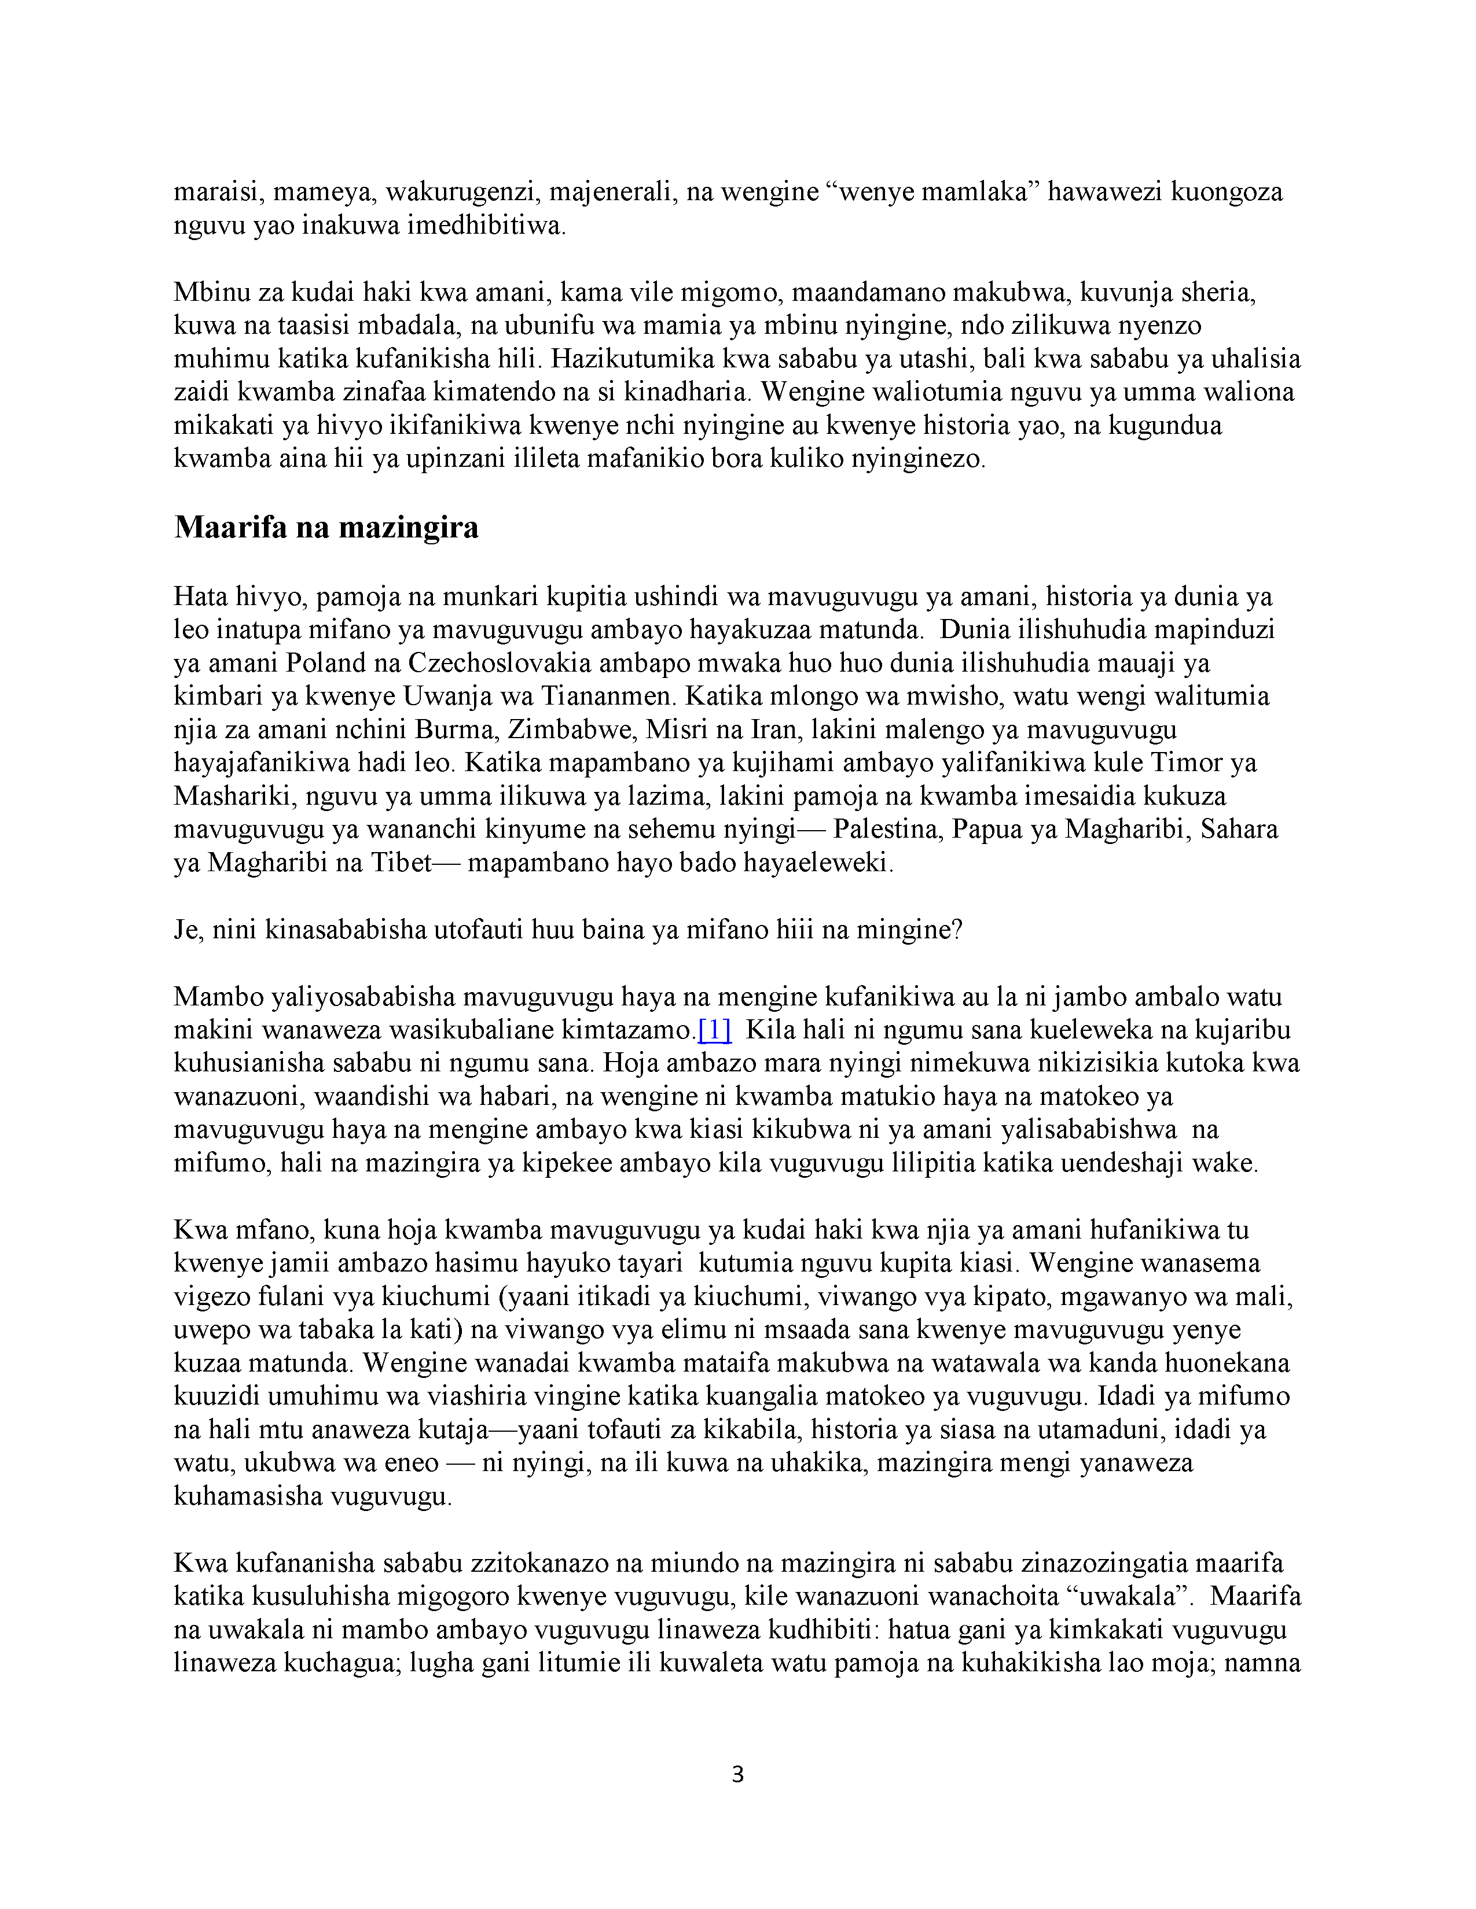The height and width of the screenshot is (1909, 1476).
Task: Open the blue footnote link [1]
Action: click(x=714, y=1030)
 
